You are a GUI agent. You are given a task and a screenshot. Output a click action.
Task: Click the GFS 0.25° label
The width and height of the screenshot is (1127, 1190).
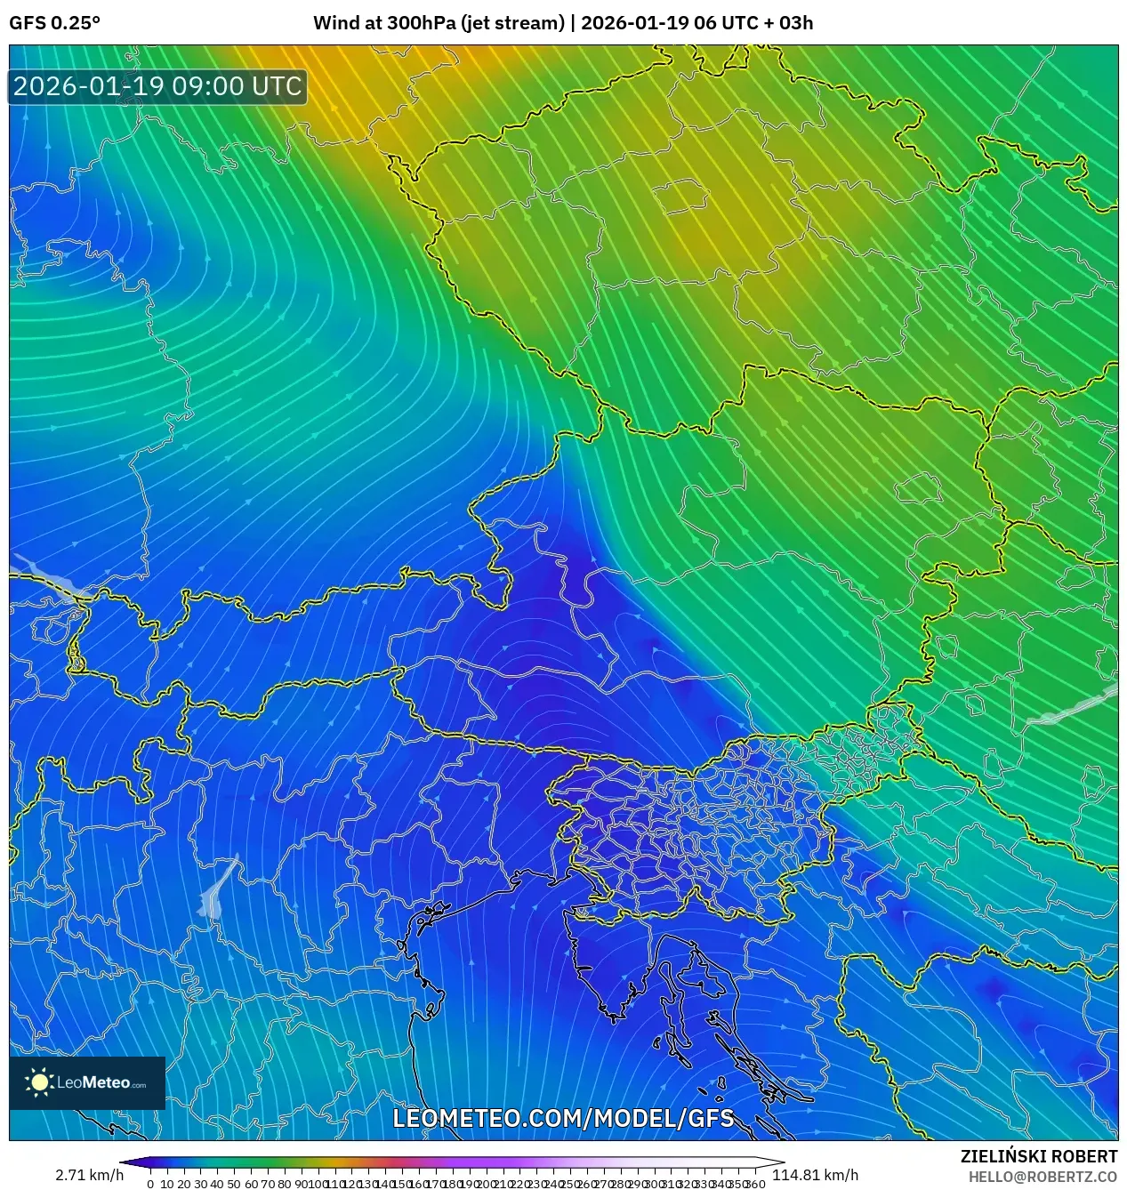coord(54,23)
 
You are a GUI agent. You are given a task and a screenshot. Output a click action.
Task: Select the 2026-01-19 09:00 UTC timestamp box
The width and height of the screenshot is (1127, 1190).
coord(158,87)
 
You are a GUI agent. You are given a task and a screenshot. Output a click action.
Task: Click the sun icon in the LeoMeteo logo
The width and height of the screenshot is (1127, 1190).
coord(39,1082)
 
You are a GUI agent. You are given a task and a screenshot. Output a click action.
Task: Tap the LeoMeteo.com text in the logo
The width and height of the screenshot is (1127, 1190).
coord(101,1083)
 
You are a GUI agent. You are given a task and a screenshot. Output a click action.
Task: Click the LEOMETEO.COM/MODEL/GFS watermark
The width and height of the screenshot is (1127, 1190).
coord(563,1118)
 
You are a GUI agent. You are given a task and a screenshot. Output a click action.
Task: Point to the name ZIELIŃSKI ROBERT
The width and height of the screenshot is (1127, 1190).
coord(1038,1156)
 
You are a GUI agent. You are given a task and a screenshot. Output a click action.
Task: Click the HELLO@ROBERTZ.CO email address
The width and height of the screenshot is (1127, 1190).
coord(1042,1177)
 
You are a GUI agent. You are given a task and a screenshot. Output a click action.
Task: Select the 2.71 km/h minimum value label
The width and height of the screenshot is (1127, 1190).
coord(89,1175)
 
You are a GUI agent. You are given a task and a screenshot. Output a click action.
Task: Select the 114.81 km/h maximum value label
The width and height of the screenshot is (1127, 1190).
coord(815,1175)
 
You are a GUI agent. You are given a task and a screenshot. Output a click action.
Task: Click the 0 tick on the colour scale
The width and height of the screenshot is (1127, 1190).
coord(150,1184)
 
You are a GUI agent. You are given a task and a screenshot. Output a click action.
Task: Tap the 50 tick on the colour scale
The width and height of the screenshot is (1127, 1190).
coord(234,1184)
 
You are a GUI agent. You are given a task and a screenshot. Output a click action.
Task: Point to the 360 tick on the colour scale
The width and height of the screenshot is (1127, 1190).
coord(756,1184)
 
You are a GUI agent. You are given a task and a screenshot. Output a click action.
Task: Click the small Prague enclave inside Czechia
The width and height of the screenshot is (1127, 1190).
coord(679,196)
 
